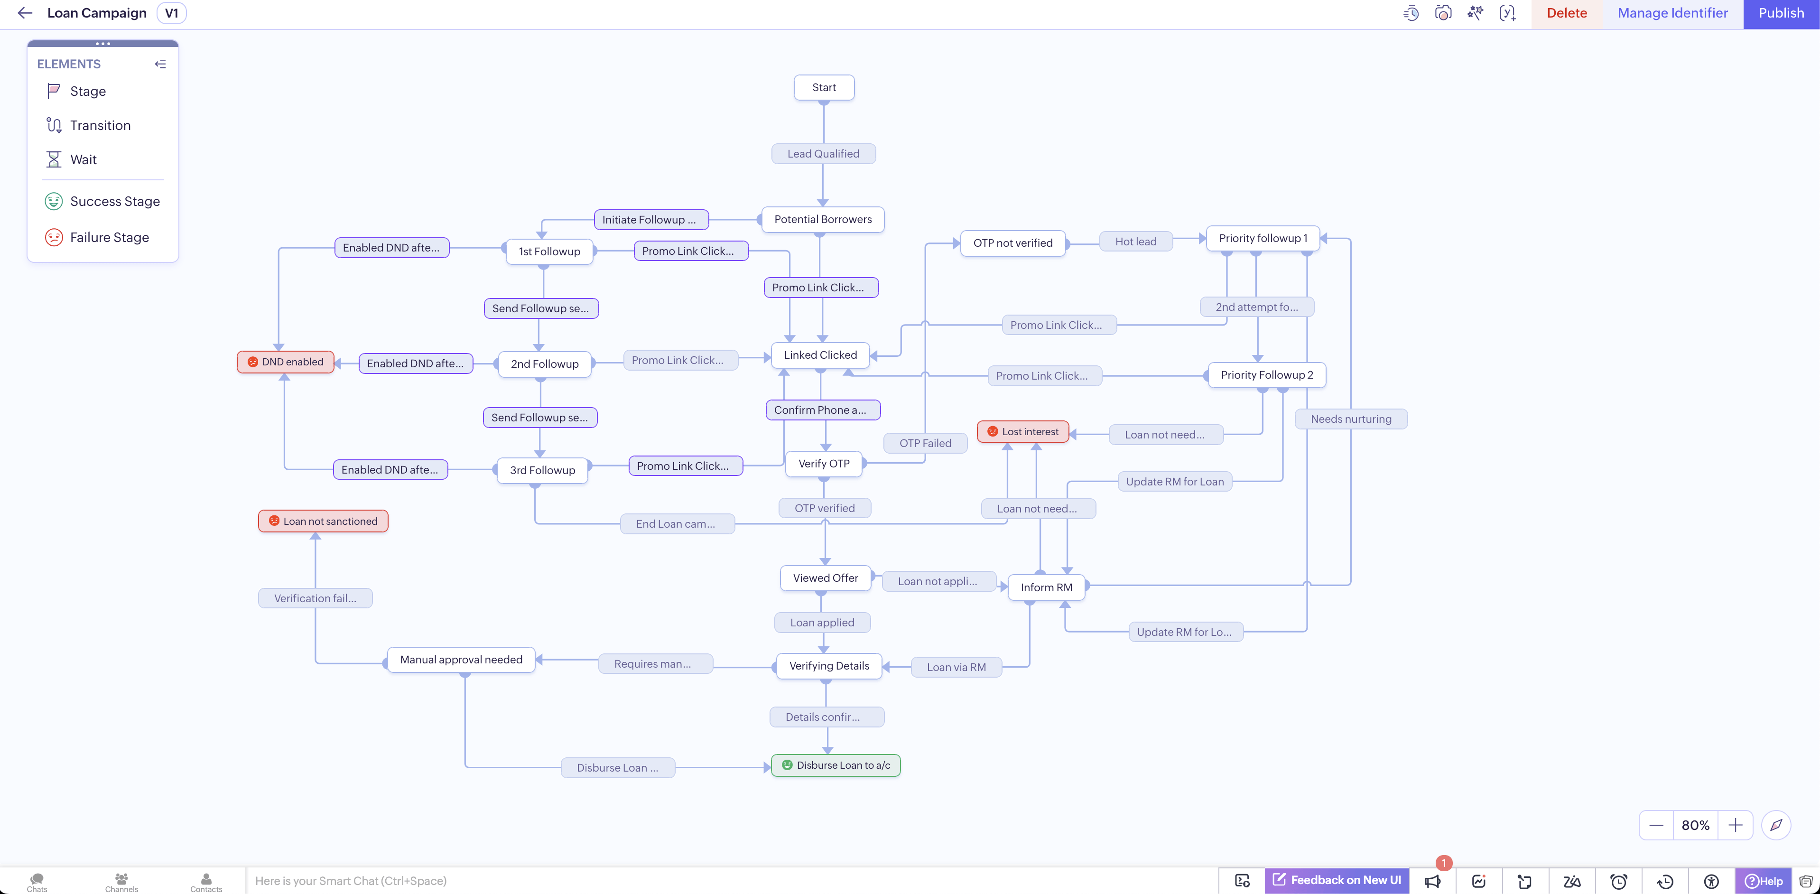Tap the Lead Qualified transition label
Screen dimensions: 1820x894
(x=823, y=153)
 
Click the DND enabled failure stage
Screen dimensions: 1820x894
(x=286, y=362)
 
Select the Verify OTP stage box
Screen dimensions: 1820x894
(x=824, y=464)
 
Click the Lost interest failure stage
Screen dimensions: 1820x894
(x=1023, y=431)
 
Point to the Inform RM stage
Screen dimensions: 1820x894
(x=1046, y=587)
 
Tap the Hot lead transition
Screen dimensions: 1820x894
(x=1136, y=242)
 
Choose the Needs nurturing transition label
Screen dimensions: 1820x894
(x=1351, y=419)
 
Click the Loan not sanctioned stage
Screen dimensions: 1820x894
(x=323, y=521)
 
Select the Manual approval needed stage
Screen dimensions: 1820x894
(x=461, y=660)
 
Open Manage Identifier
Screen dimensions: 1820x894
(x=1672, y=13)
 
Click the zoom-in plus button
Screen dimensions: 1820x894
(x=1735, y=825)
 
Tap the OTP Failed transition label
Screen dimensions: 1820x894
(x=925, y=443)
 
